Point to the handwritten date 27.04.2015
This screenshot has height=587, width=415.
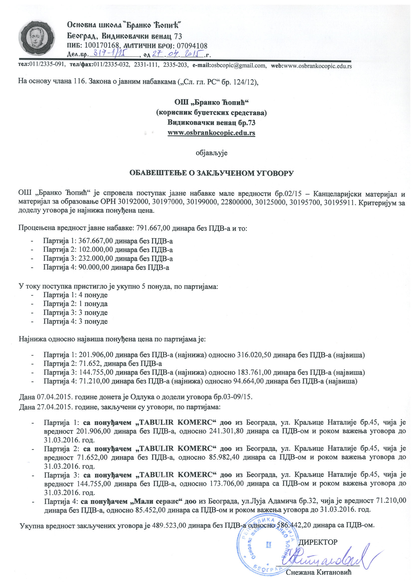point(178,54)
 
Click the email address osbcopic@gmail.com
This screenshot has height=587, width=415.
point(238,66)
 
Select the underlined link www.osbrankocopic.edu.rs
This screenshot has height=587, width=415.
point(211,133)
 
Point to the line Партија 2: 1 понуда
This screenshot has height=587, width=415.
point(75,304)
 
